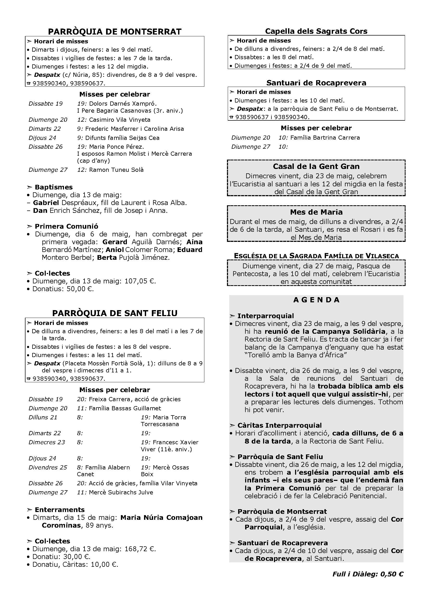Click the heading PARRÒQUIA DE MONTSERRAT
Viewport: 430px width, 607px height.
point(115,32)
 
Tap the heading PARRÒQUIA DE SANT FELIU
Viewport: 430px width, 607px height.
point(115,313)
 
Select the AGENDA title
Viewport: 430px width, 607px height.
point(316,300)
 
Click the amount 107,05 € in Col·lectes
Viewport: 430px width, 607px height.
point(140,281)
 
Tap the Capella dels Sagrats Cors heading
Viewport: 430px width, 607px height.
point(316,31)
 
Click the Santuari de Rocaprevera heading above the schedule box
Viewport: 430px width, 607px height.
point(316,83)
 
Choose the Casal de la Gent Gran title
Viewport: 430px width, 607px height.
point(316,166)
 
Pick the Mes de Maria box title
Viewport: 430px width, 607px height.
point(316,212)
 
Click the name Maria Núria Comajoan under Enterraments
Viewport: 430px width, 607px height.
point(161,517)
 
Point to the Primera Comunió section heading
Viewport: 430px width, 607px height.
point(66,226)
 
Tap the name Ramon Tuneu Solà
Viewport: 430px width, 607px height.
point(116,170)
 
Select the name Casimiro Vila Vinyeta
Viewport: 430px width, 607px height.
point(119,120)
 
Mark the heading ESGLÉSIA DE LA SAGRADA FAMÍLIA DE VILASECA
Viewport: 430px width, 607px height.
point(316,256)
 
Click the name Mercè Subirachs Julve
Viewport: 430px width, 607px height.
point(121,492)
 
